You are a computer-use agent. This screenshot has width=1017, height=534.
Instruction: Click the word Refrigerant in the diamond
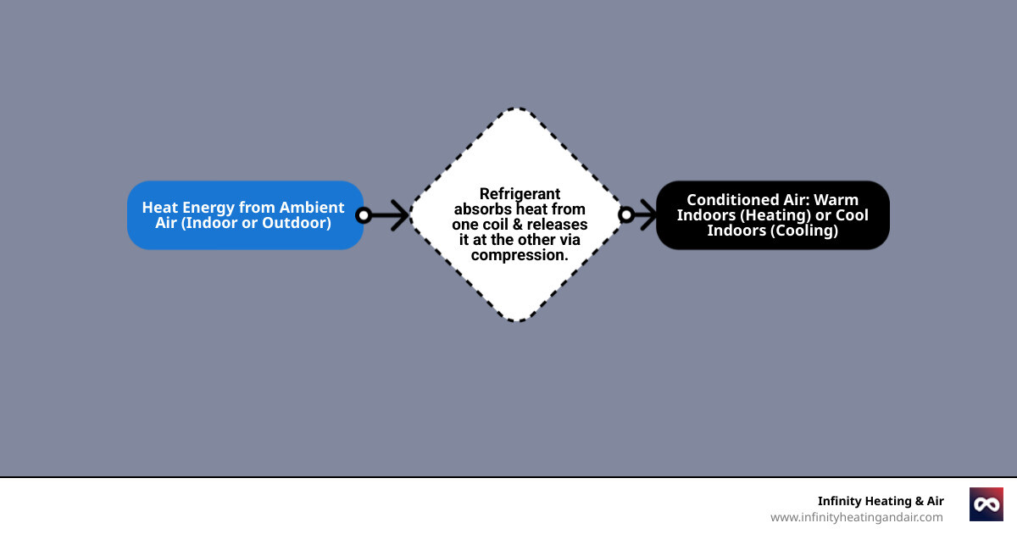(520, 193)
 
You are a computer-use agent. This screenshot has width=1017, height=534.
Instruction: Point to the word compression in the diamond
(519, 254)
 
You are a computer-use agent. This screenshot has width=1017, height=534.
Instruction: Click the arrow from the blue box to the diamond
(392, 215)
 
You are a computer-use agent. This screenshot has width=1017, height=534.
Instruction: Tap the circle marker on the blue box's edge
(364, 215)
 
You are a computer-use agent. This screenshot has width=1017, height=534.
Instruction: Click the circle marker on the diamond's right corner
(626, 215)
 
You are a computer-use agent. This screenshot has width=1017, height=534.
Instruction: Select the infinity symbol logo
(986, 504)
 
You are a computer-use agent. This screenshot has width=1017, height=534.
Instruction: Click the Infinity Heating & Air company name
(880, 501)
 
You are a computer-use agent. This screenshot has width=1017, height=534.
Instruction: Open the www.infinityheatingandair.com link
(856, 517)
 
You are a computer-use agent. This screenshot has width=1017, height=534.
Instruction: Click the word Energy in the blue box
(208, 207)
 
